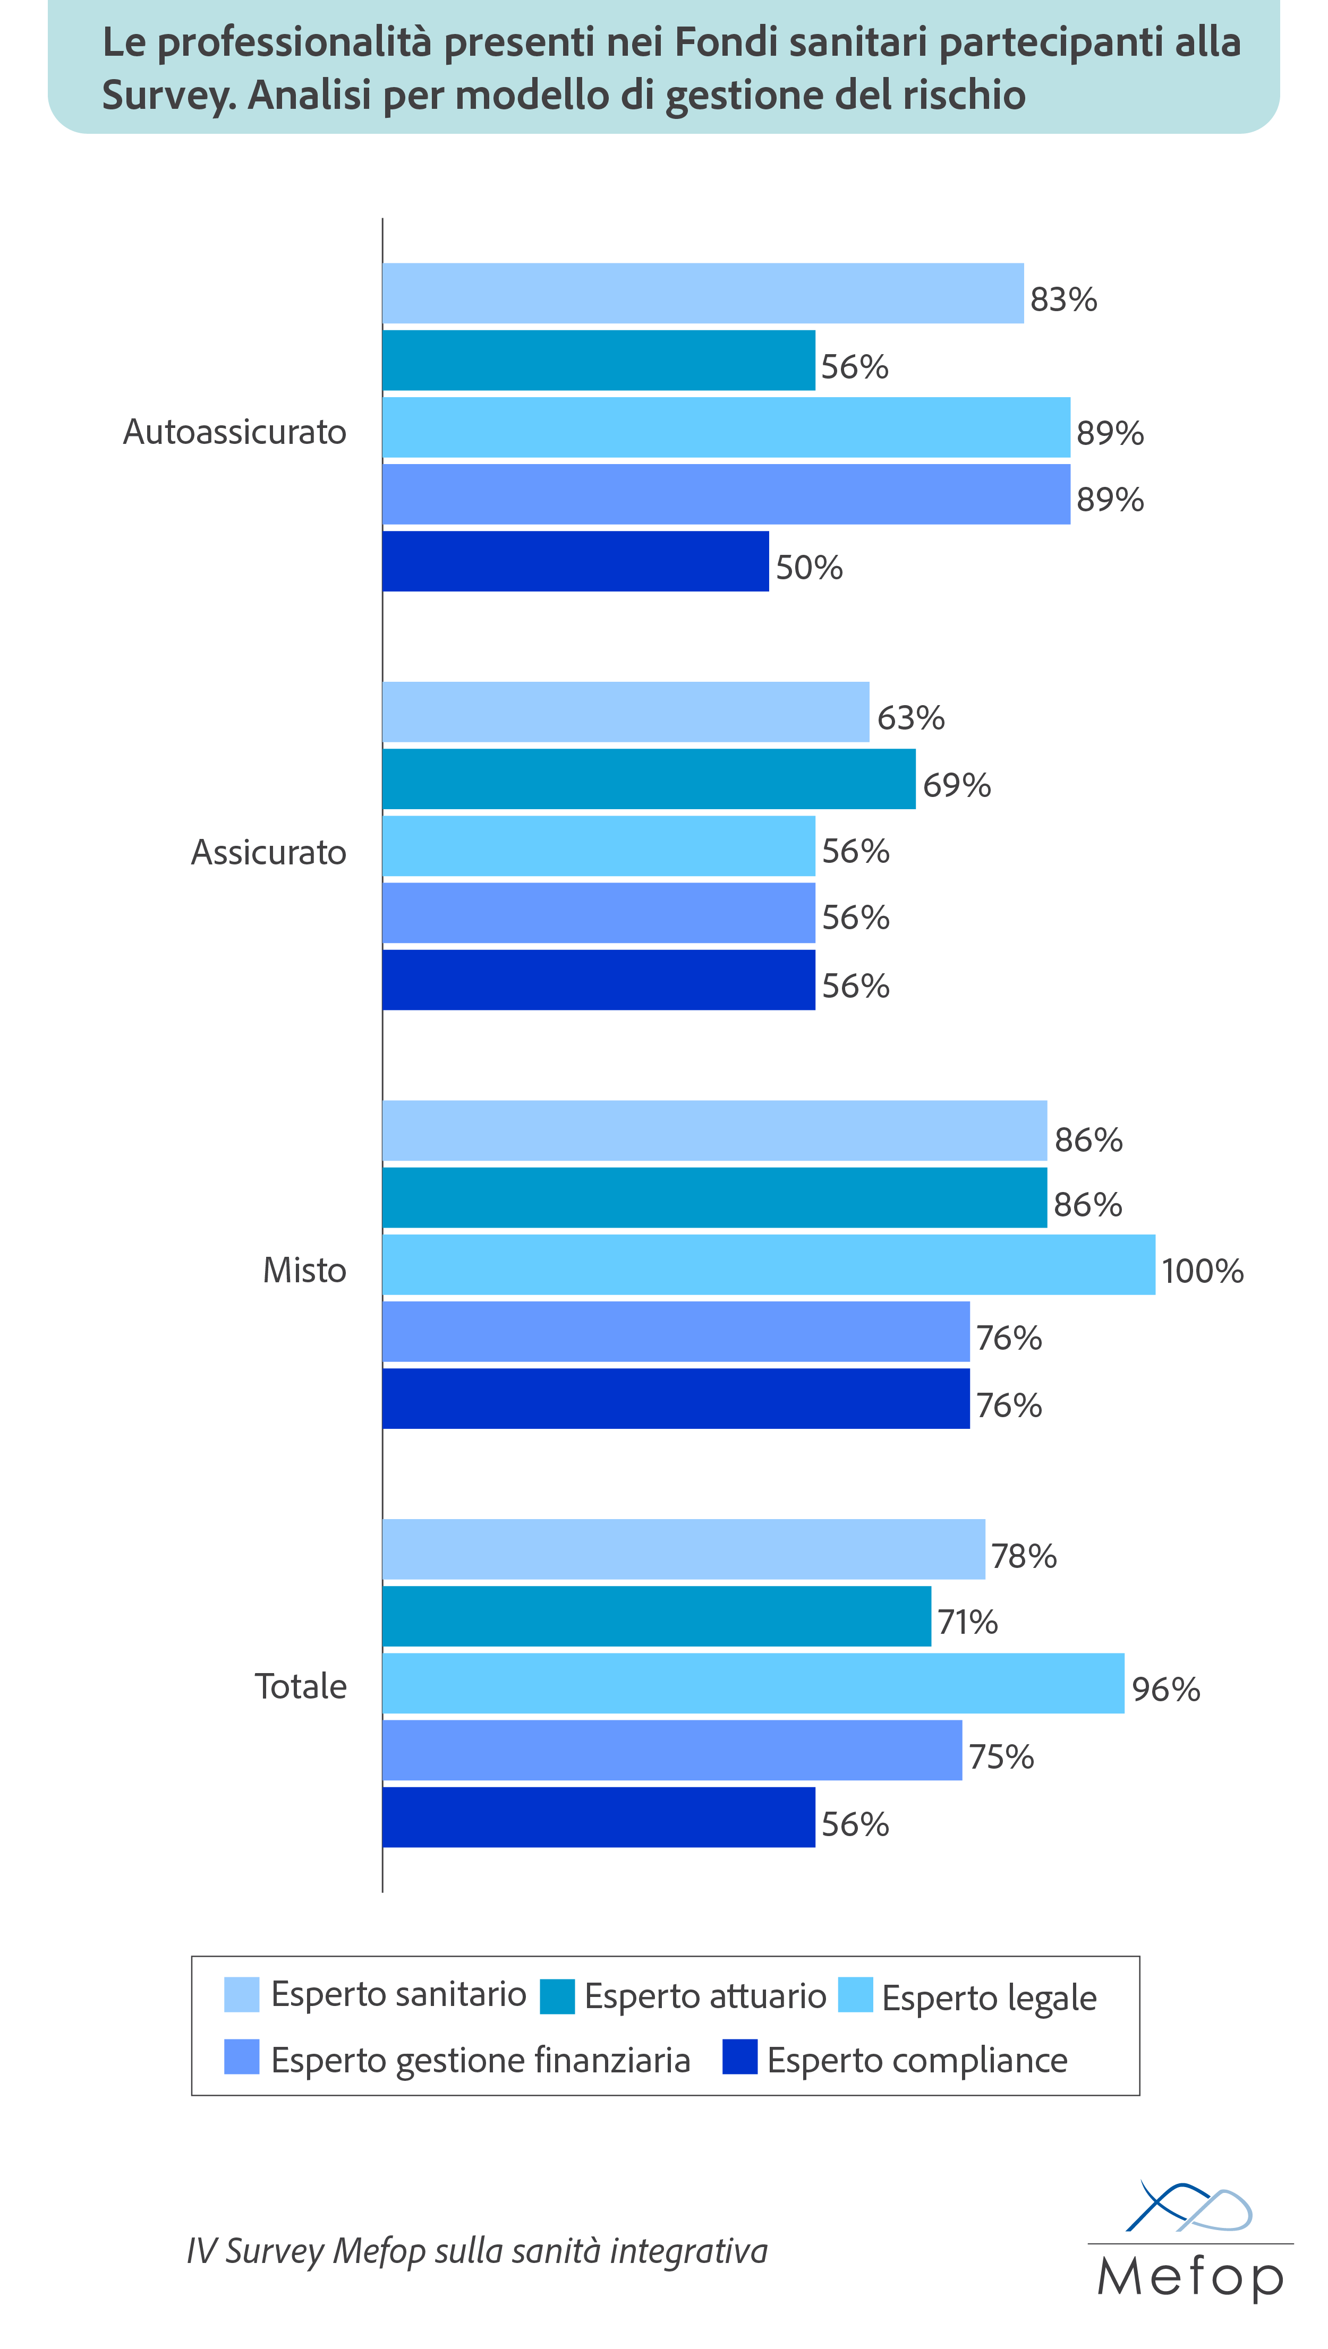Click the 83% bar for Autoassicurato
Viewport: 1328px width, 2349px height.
702,294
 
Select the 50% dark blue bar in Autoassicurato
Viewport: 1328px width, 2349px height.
575,562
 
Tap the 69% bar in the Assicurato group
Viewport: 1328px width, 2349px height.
649,779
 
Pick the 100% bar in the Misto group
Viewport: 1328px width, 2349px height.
768,1265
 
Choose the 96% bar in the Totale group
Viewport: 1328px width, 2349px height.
753,1683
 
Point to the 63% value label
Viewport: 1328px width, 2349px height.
910,718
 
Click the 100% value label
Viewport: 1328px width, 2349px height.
1202,1271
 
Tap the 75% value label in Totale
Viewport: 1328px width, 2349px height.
1001,1757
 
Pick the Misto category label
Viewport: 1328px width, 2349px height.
304,1270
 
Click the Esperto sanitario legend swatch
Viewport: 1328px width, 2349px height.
242,1994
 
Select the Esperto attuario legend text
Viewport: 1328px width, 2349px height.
705,1996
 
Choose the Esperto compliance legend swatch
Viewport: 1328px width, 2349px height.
740,2057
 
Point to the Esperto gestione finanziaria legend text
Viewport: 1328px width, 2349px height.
481,2060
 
